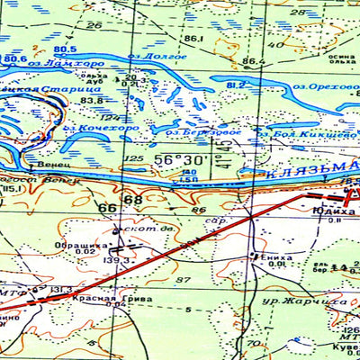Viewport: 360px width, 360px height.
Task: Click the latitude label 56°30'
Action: click(179, 159)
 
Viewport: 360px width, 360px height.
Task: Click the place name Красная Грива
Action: click(107, 297)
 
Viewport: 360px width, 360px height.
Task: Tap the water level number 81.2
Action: click(236, 85)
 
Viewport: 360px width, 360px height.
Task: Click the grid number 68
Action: click(134, 199)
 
